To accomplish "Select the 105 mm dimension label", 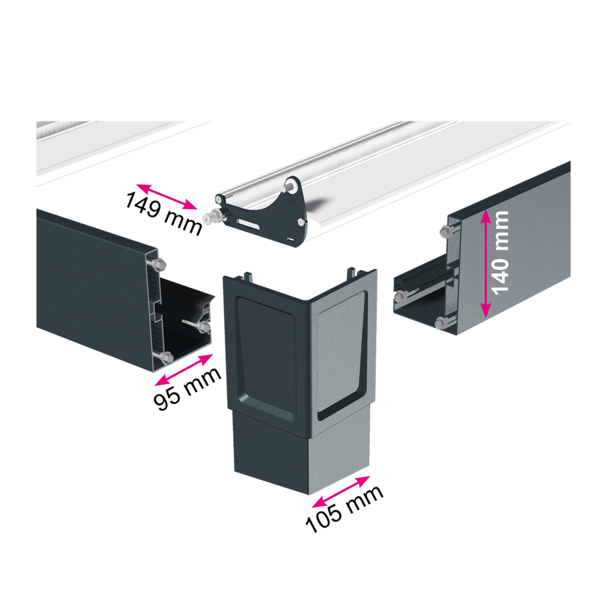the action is pyautogui.click(x=344, y=508).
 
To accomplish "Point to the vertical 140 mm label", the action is pyautogui.click(x=500, y=253).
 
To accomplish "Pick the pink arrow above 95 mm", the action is pyautogui.click(x=183, y=370).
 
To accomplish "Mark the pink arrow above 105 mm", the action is pyautogui.click(x=341, y=492).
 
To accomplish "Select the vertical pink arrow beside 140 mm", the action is pyautogui.click(x=486, y=263).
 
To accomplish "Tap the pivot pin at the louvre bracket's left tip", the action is pyautogui.click(x=210, y=219).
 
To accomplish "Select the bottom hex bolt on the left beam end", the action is pyautogui.click(x=166, y=357).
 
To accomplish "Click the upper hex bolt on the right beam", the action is pyautogui.click(x=446, y=232).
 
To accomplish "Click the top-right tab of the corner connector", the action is pyautogui.click(x=352, y=272).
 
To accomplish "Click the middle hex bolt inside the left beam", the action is pyautogui.click(x=203, y=328).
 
